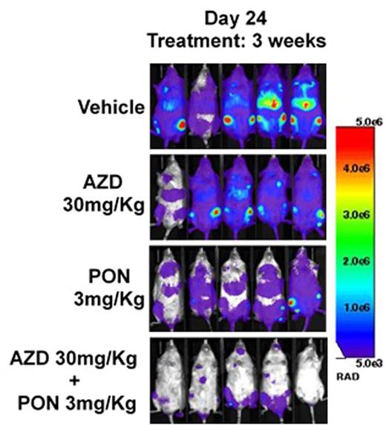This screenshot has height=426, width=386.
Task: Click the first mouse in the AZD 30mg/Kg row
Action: pos(171,197)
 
